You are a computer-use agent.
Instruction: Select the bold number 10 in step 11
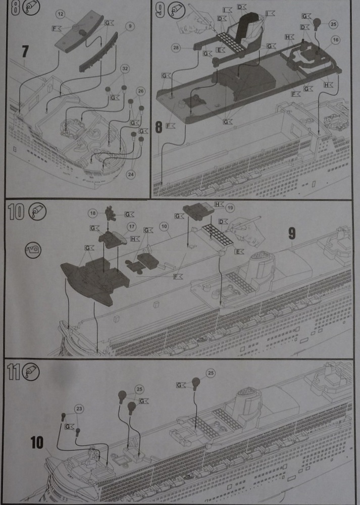tap(37, 443)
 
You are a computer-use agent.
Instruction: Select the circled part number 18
tap(92, 214)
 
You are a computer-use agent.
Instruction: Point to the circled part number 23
tap(78, 408)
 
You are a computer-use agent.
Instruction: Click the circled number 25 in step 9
tap(332, 23)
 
